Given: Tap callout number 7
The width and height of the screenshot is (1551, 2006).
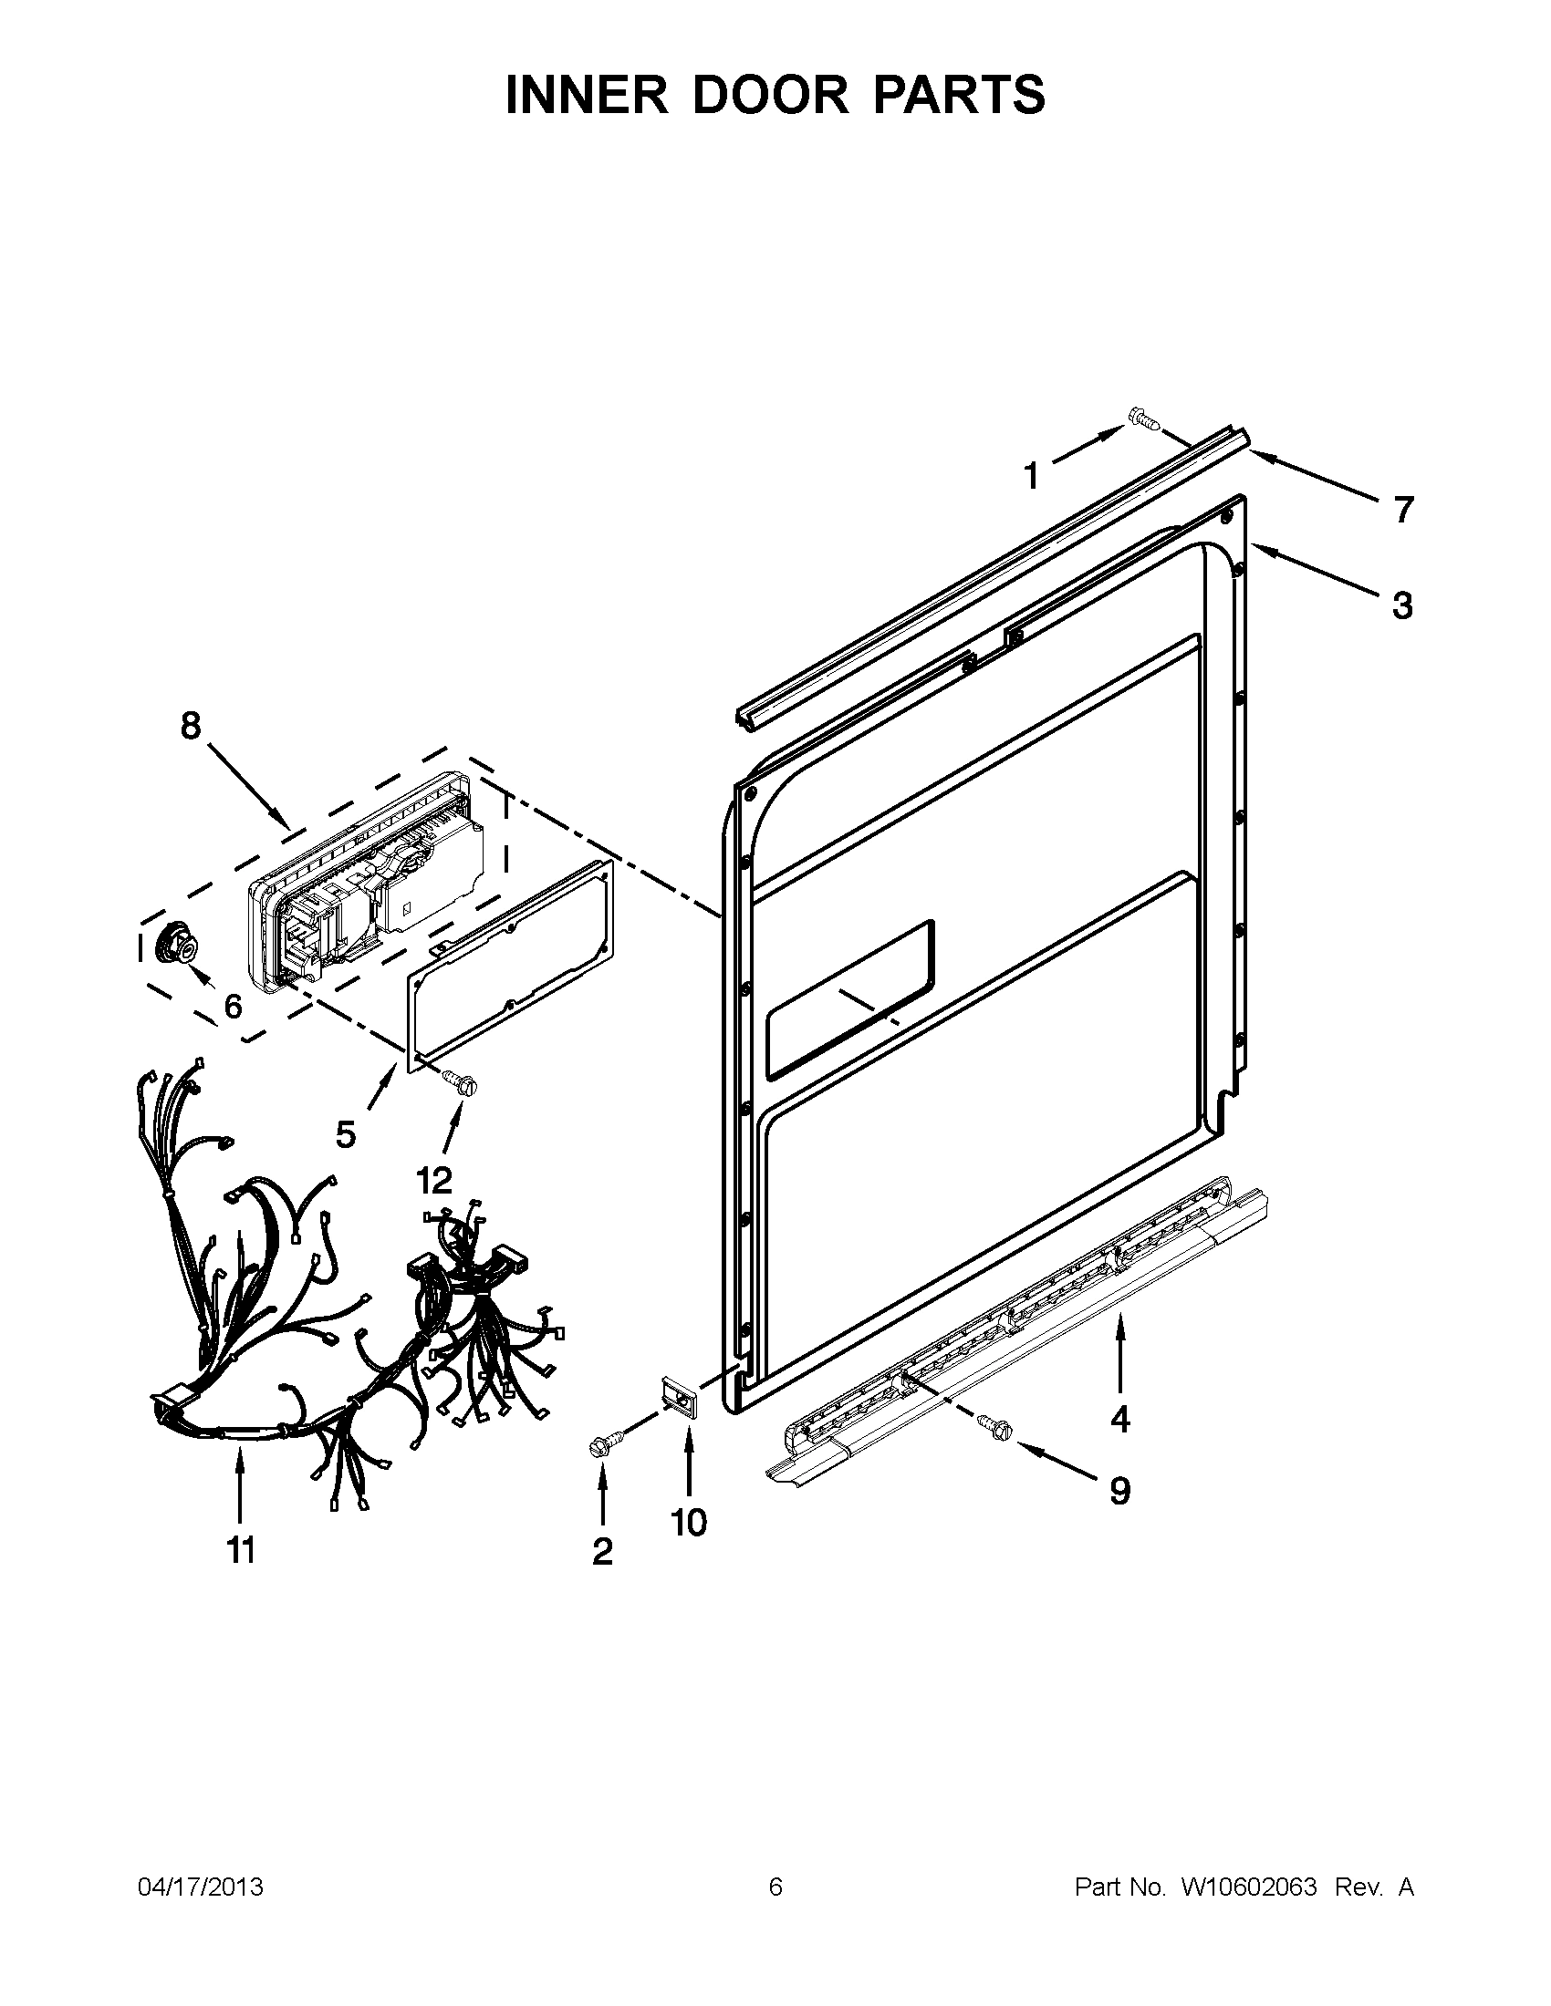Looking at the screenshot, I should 1402,510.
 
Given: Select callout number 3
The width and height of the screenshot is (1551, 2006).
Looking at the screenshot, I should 1401,606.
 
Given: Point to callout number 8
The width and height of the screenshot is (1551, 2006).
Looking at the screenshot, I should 190,726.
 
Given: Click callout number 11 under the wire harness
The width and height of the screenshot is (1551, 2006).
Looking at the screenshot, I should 240,1550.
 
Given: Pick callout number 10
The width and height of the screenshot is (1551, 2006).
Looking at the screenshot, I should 689,1523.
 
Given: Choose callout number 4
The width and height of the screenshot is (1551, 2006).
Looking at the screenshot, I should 1119,1420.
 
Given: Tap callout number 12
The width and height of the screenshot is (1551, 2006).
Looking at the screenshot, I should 433,1180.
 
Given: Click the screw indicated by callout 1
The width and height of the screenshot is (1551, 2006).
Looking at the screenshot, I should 1142,420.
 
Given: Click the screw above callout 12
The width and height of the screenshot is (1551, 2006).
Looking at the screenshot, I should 462,1083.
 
